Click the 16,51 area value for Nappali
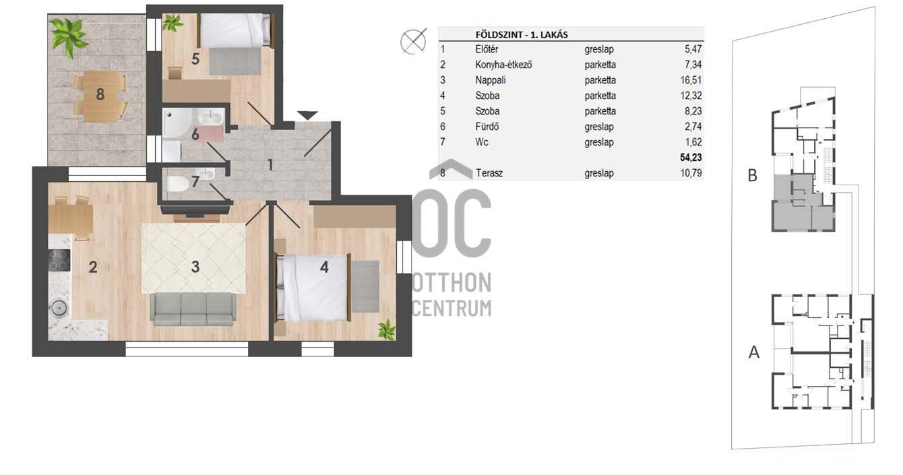[691, 80]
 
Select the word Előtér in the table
[487, 49]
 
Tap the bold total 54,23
[691, 158]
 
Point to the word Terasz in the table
[489, 173]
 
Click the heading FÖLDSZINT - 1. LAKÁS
[522, 34]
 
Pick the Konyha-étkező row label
[503, 65]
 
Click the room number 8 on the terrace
[100, 95]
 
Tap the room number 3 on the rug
[195, 267]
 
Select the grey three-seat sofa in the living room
[193, 309]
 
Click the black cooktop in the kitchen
[59, 260]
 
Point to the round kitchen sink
[59, 308]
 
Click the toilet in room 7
[178, 184]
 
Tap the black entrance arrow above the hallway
[307, 116]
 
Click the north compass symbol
[413, 41]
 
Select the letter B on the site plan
[752, 176]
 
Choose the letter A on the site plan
[754, 352]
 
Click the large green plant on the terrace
[69, 36]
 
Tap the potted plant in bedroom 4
[387, 329]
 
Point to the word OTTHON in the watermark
[452, 282]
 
